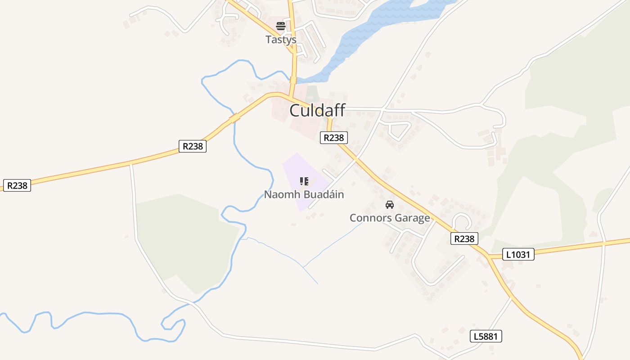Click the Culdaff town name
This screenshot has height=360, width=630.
(317, 110)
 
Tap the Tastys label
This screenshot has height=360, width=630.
(281, 40)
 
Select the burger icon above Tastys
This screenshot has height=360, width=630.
(281, 26)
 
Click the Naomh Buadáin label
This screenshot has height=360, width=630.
(304, 194)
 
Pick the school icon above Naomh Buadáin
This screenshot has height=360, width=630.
(304, 181)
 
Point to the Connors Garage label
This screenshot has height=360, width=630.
(390, 218)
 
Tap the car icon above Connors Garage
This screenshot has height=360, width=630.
(390, 205)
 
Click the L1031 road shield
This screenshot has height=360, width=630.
(518, 255)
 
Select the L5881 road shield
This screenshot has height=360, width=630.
(486, 336)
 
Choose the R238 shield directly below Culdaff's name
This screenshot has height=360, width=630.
(333, 138)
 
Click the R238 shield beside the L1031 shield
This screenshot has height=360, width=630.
(464, 238)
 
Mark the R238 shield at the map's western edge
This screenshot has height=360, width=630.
(17, 185)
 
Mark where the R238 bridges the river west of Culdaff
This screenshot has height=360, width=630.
(234, 118)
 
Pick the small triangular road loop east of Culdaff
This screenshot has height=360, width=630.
(398, 130)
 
